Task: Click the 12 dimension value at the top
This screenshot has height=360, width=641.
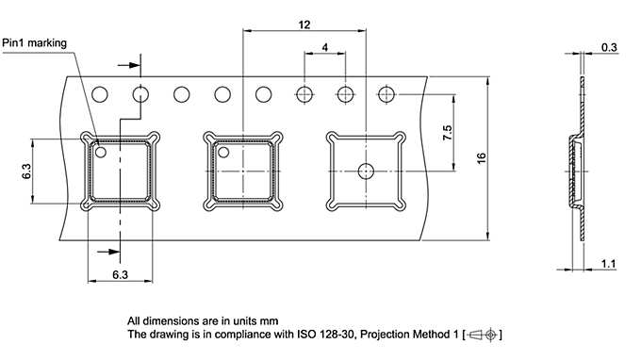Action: [304, 25]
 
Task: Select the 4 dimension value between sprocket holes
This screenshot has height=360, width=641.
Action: [325, 47]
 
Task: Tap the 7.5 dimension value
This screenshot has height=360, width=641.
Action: [448, 133]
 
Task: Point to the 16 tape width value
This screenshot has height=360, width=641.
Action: [482, 158]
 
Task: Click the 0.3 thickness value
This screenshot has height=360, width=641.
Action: [609, 47]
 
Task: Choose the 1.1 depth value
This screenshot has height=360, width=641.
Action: [609, 264]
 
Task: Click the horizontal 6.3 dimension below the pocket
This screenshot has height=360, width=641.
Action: [121, 274]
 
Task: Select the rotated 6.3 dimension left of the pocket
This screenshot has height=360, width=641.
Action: [26, 172]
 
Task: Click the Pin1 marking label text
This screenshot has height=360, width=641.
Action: [34, 43]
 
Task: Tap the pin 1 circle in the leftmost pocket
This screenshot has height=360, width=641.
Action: [101, 153]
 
